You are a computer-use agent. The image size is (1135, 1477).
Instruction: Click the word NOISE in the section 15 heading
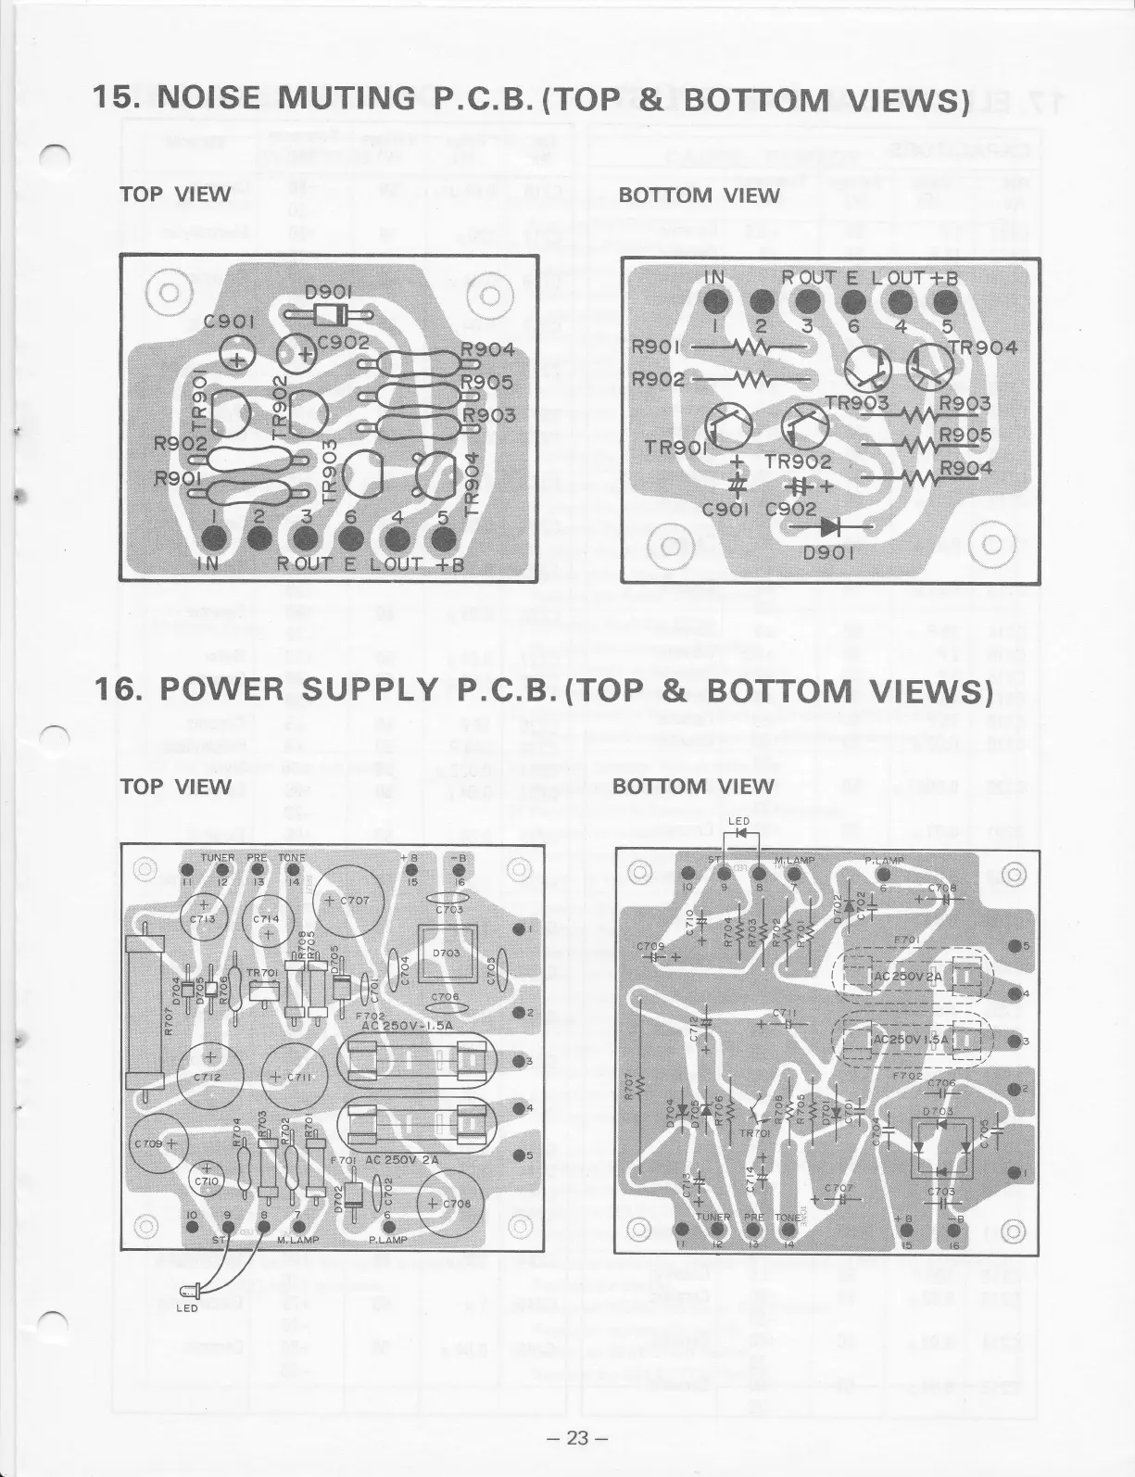pos(213,98)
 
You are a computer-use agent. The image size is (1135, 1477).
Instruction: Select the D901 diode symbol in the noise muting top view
pos(322,316)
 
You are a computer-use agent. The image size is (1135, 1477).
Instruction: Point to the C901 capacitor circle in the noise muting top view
pos(238,357)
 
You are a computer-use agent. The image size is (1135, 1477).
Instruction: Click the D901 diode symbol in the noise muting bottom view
pos(830,526)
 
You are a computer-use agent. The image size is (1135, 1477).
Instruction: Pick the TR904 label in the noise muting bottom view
pos(981,348)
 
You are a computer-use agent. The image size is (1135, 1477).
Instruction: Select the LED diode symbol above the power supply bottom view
pos(738,833)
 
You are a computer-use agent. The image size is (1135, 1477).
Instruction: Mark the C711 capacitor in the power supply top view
pos(291,1075)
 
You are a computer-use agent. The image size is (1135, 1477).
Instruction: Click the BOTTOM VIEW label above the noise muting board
pos(699,195)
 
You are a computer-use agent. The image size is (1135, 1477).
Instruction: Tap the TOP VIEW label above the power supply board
pos(175,787)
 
